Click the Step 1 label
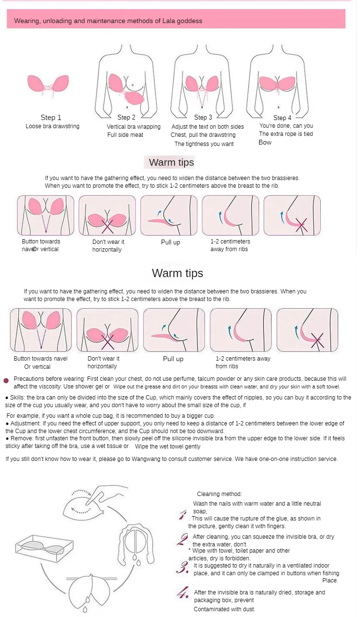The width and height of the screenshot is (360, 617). coord(51,118)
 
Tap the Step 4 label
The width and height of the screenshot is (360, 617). coord(282,118)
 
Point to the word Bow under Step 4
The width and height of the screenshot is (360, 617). coord(265,143)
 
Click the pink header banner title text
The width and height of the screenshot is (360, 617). coord(108,21)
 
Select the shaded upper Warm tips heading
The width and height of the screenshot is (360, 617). coord(171,162)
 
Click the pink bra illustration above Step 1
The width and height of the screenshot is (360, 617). coord(48,85)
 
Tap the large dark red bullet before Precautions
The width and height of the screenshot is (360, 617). coord(6,381)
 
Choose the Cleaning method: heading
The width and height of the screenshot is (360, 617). coord(219,494)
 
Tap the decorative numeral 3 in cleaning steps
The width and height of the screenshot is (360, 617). coord(182,568)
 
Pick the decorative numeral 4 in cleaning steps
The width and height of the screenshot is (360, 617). coord(183,593)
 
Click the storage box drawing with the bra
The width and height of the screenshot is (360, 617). coord(44,548)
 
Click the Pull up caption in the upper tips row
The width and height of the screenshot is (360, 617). coord(170,242)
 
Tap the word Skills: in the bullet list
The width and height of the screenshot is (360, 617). coord(18,398)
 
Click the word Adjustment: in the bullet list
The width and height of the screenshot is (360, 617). coord(25,423)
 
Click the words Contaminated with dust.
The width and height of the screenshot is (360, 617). coord(225,609)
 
